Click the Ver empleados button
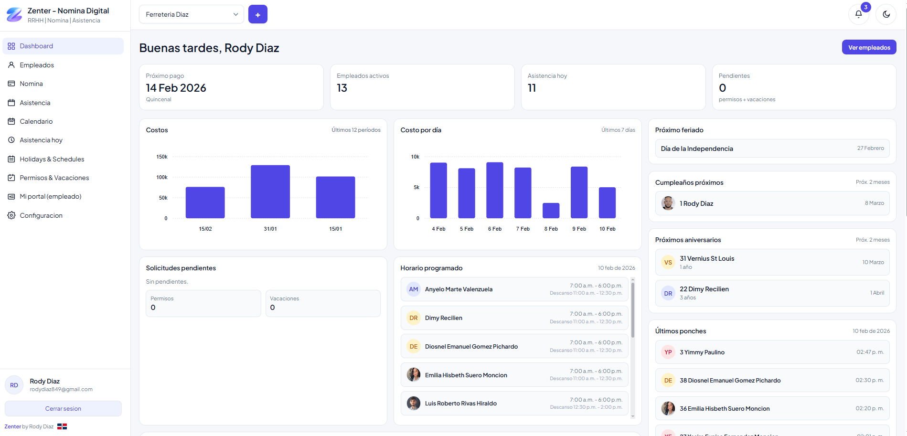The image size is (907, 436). coord(869,47)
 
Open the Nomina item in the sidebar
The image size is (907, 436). coord(32,84)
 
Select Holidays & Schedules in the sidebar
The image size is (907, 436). coord(52,159)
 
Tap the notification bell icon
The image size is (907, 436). coord(858,14)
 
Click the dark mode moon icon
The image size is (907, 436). coord(886,14)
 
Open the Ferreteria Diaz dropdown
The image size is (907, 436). coord(191,14)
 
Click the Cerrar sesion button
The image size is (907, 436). coord(63,408)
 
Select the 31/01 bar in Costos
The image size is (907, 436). coord(270,191)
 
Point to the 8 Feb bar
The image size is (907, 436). coord(551,211)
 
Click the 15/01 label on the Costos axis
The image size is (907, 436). coord(335,229)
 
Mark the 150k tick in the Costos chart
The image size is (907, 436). coord(162,157)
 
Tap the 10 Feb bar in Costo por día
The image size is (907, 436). coord(607,202)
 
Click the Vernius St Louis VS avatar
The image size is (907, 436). coord(668,262)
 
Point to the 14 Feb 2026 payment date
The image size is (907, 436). coord(176,88)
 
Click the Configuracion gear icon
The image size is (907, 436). coord(11,215)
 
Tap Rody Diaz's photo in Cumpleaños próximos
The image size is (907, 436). coord(668,203)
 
